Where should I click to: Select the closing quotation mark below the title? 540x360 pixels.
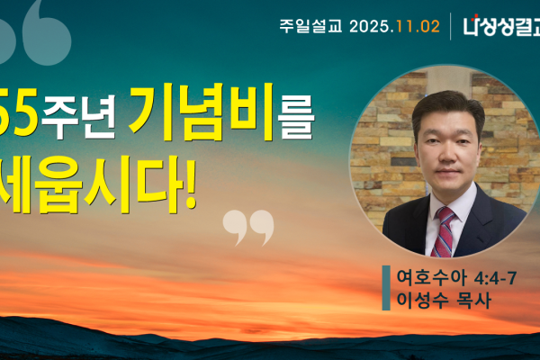(x=247, y=227)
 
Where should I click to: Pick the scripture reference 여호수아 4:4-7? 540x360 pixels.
(x=454, y=276)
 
